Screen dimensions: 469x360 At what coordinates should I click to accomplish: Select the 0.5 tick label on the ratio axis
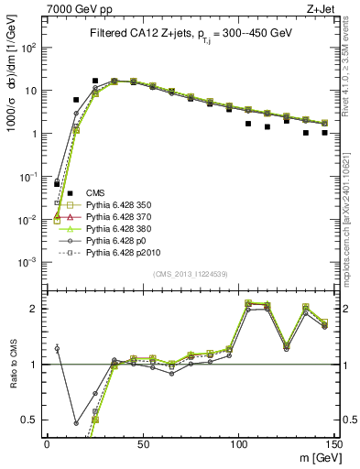click(x=32, y=420)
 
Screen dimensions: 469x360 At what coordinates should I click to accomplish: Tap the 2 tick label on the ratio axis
click(x=36, y=309)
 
